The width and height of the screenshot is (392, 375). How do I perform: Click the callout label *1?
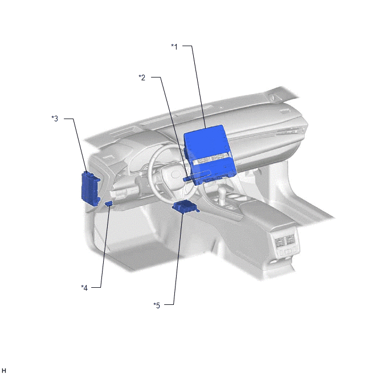click(x=174, y=47)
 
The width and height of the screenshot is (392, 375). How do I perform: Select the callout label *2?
click(x=142, y=78)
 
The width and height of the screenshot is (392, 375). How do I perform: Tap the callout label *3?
click(x=55, y=119)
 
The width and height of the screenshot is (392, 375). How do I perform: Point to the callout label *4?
click(x=84, y=288)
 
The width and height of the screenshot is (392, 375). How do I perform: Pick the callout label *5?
click(x=157, y=305)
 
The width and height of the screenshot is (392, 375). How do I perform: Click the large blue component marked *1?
click(x=210, y=154)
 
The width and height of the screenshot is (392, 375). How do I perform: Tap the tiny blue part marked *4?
click(x=109, y=203)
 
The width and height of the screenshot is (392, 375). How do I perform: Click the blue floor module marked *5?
click(x=185, y=207)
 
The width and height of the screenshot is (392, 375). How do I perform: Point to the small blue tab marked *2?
click(x=188, y=178)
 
